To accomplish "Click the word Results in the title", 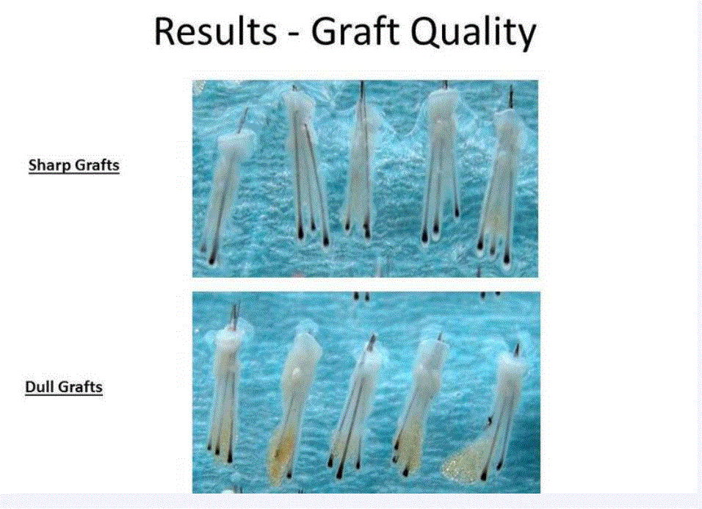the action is pos(215,32).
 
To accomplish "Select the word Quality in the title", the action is pos(473,32).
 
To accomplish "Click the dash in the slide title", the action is pos(294,35).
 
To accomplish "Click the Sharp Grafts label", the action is pos(74,165).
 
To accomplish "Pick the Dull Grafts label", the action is pos(64,387).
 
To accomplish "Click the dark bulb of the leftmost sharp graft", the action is pos(211,259).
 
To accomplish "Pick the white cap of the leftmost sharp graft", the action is pos(236,143).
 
